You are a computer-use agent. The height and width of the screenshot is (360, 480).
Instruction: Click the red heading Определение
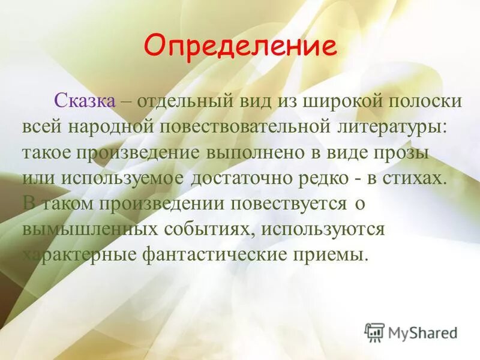240,46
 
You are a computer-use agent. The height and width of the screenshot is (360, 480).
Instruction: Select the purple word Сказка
85,101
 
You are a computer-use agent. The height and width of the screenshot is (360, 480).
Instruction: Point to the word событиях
204,229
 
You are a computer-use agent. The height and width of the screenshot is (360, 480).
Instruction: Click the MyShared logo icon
374,332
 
